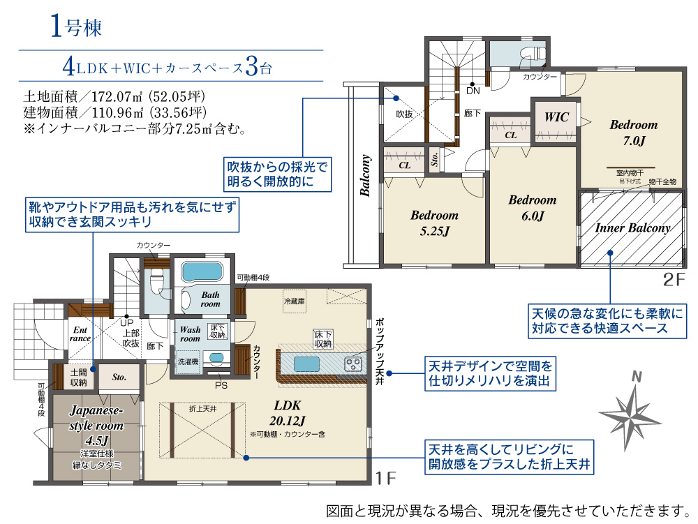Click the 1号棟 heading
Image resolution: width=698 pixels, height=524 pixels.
(x=75, y=27)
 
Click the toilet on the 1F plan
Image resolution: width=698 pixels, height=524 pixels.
(x=156, y=280)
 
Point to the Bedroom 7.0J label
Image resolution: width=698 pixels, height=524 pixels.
(x=634, y=133)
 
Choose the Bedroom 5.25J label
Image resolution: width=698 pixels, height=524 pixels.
(x=434, y=223)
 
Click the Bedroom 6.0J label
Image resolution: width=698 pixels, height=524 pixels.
(x=533, y=208)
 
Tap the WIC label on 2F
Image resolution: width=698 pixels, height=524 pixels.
(x=556, y=117)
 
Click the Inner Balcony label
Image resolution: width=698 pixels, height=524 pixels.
(x=632, y=228)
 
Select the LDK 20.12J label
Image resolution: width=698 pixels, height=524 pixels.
(x=288, y=413)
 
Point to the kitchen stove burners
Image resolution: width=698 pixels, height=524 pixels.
(x=353, y=365)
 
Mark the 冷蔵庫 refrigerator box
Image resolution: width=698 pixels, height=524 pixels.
(x=295, y=301)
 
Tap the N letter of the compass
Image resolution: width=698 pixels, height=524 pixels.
(x=637, y=377)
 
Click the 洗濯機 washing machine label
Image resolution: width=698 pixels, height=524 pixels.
(x=188, y=361)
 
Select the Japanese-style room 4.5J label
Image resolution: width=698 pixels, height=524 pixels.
(x=96, y=425)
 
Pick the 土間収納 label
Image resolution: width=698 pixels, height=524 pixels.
(x=79, y=377)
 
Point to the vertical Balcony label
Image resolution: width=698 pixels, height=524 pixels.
(x=366, y=175)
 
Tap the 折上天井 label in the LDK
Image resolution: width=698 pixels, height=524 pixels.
(x=202, y=408)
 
